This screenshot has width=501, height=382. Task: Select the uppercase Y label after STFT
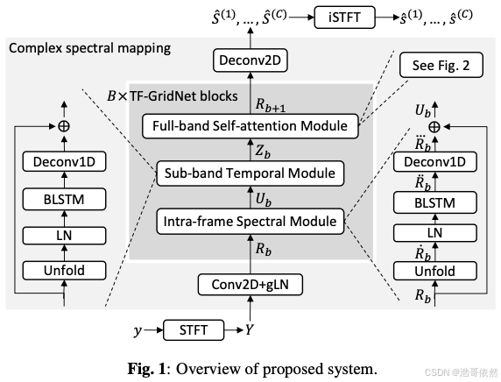click(x=250, y=331)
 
